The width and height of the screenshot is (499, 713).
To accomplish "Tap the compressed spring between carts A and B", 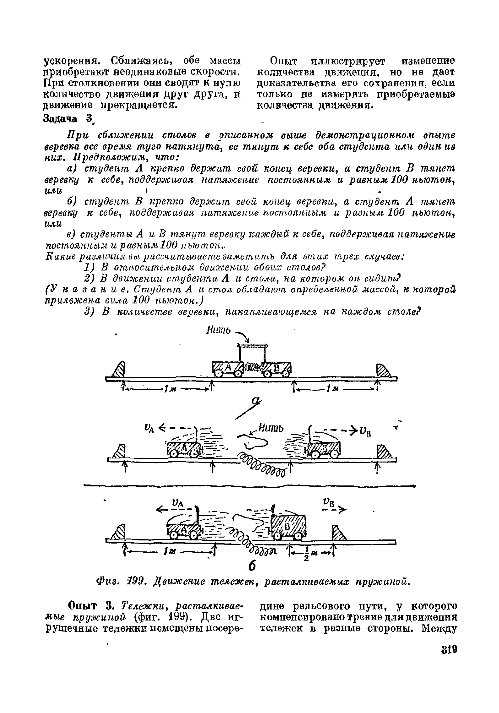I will coord(252,367).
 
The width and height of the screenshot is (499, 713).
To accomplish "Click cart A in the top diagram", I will coord(228,368).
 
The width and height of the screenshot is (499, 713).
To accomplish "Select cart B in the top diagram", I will coord(276,368).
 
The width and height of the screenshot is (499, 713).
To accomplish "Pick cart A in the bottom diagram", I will coord(183,529).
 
